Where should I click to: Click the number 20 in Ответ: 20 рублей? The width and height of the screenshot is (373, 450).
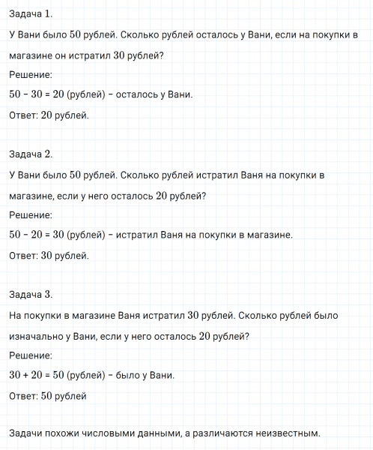(x=49, y=115)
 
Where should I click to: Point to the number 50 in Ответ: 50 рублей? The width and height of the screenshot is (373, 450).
(x=49, y=395)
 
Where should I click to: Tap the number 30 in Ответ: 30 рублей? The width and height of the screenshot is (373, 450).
(x=49, y=255)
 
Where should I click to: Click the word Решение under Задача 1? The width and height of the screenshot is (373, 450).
(x=31, y=75)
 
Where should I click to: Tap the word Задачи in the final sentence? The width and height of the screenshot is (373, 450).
(x=28, y=433)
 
